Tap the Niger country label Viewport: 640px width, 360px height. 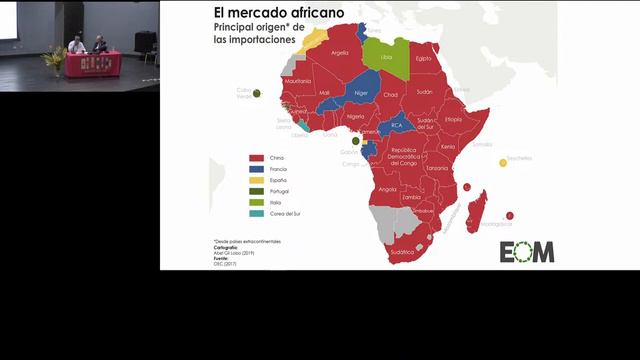click(362, 93)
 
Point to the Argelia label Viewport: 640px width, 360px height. click(340, 53)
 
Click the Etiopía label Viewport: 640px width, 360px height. click(454, 119)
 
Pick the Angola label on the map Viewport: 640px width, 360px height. click(388, 189)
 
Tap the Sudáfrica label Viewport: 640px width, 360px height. click(402, 253)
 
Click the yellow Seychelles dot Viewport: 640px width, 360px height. click(503, 163)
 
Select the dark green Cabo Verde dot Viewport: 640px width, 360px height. click(257, 93)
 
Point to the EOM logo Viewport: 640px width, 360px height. click(527, 252)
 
